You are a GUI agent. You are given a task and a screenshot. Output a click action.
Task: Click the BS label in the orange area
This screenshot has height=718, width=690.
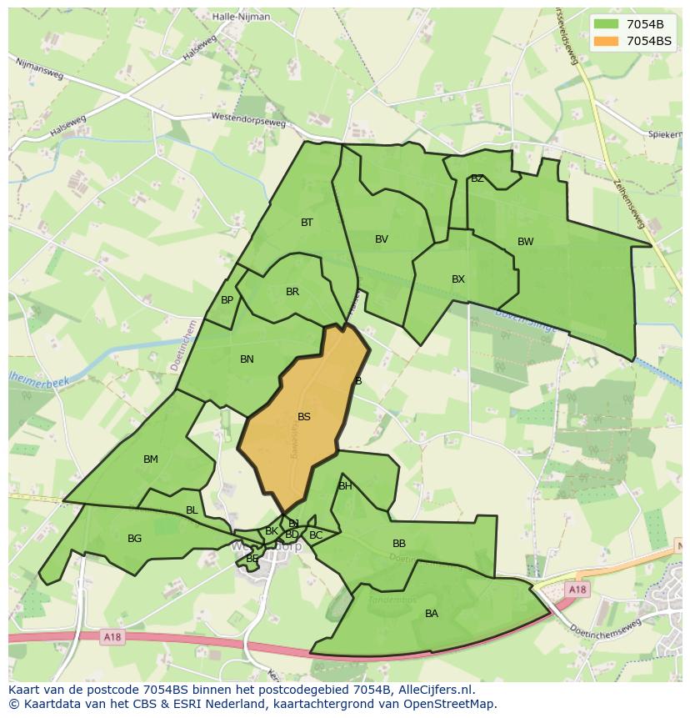[304, 417]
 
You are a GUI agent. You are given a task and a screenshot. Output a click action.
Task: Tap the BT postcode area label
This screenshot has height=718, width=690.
[307, 223]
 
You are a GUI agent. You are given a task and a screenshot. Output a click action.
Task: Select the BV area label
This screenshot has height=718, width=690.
[382, 239]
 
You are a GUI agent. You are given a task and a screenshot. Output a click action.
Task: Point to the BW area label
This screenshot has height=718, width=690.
[525, 242]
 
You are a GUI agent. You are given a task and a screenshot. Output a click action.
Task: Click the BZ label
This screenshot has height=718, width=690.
[477, 178]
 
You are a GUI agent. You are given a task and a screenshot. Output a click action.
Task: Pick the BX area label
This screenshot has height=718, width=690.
[457, 279]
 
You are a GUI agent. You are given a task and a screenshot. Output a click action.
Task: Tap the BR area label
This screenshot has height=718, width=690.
[292, 292]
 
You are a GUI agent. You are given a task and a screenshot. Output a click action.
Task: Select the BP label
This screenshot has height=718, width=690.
[227, 300]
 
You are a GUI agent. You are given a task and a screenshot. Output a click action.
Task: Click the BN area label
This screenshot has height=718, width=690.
[247, 359]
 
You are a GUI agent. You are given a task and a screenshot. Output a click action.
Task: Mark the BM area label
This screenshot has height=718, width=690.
[150, 459]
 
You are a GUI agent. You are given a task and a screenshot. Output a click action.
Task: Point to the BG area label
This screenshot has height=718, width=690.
[134, 539]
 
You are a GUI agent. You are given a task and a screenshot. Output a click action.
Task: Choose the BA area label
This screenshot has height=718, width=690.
[431, 614]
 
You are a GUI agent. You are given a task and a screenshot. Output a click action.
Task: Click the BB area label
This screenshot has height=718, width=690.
[398, 544]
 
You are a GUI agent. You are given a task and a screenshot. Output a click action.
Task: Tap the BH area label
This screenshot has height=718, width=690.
[344, 486]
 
